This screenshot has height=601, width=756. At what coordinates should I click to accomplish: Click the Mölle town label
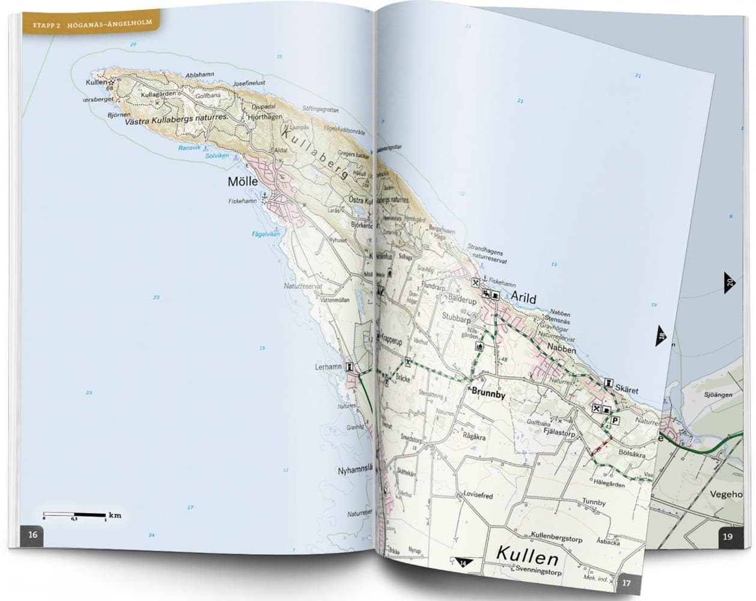click(242, 182)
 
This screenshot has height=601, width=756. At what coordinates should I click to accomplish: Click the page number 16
click(33, 535)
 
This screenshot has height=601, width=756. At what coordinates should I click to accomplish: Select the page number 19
click(728, 537)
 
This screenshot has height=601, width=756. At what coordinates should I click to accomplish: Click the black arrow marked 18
click(660, 337)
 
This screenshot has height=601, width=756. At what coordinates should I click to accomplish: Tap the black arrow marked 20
click(728, 281)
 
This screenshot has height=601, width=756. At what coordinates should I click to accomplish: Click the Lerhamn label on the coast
click(328, 366)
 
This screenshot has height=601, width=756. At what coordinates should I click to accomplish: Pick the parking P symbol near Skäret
click(616, 421)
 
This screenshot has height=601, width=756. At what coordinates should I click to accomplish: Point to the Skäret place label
click(626, 390)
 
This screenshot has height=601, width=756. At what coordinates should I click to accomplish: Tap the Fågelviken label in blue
click(266, 234)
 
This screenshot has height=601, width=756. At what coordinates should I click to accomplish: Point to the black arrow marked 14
click(462, 563)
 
